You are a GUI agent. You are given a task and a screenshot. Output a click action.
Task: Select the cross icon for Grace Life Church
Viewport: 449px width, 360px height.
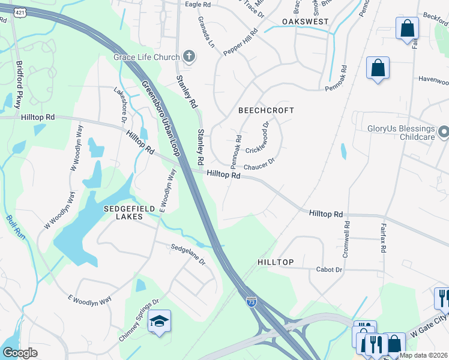(x=189, y=57)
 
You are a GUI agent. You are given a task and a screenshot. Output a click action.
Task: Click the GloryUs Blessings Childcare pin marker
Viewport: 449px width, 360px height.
(x=443, y=131)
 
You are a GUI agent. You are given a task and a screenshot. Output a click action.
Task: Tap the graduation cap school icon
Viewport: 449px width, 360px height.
(x=160, y=322)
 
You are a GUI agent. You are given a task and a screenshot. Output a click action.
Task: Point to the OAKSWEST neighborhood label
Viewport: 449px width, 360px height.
(x=305, y=22)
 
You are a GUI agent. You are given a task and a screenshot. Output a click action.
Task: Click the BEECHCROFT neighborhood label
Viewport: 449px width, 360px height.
(x=266, y=110)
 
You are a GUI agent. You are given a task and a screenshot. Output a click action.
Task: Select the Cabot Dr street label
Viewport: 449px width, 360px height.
(x=329, y=269)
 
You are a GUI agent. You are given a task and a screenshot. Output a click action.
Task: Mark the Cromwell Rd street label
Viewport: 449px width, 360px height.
(x=346, y=239)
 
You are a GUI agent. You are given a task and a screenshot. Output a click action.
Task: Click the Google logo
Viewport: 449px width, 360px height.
(x=20, y=352)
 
